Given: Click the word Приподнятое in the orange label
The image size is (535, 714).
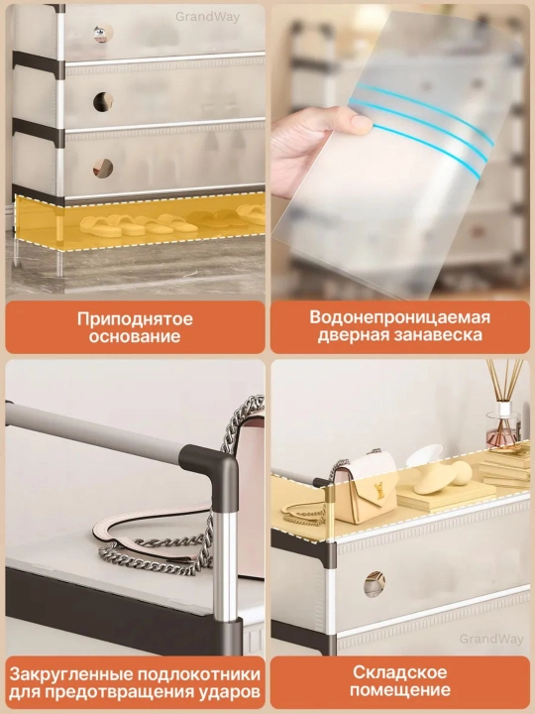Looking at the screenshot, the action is (135, 318).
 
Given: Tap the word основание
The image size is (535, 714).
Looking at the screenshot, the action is (135, 336).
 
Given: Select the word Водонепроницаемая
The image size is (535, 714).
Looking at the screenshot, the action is (400, 317).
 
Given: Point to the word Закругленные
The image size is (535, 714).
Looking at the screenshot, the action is (70, 674).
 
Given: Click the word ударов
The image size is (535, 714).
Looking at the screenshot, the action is (230, 692).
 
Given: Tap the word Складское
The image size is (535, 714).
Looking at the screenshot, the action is (400, 672).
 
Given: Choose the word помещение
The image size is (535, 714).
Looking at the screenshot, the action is (400, 690).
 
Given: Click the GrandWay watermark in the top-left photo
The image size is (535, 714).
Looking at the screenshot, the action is (207, 17).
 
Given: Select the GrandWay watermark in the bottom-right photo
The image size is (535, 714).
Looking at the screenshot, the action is (491, 639).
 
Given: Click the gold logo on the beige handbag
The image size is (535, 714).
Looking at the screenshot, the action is (379, 492).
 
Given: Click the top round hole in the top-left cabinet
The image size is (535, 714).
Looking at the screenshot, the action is (103, 34).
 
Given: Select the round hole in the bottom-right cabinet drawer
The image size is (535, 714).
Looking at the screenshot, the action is (374, 584).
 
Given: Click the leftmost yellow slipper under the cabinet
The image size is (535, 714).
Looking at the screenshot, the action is (100, 227).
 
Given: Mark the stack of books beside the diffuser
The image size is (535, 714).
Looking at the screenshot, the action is (505, 465).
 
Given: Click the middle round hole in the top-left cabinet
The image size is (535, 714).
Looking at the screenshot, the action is (103, 101).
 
